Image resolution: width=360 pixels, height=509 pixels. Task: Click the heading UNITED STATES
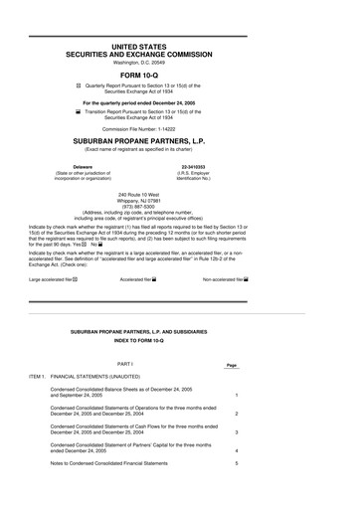pyautogui.click(x=180, y=47)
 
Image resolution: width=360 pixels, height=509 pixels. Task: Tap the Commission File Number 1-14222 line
pyautogui.click(x=180, y=129)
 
